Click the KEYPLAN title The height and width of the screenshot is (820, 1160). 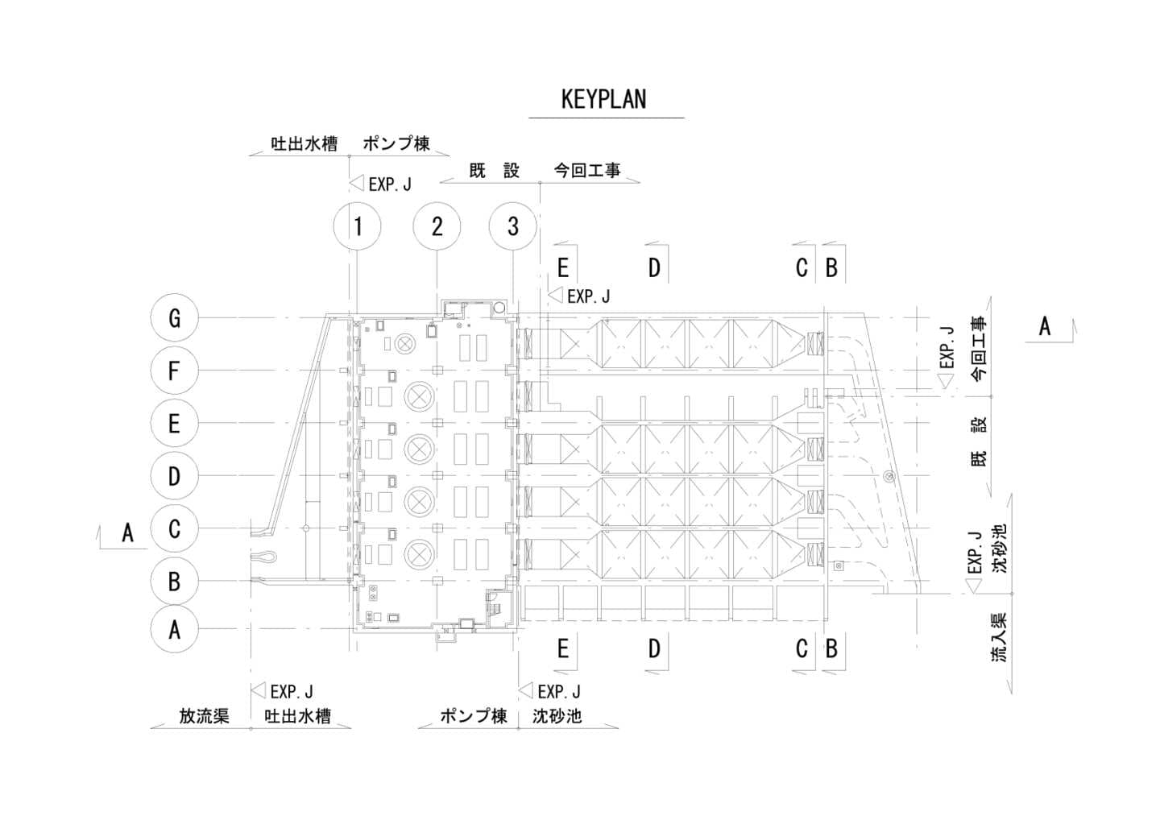tap(603, 99)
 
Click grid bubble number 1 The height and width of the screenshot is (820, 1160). tap(358, 226)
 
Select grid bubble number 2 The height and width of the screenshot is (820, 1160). tap(437, 226)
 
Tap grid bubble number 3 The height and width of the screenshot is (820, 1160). tap(513, 226)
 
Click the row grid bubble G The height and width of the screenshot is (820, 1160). tap(174, 318)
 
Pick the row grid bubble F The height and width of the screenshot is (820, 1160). tap(174, 371)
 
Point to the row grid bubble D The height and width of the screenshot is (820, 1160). tap(174, 476)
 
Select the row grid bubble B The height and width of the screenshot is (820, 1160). tap(174, 581)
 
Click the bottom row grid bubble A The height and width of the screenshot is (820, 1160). tap(174, 629)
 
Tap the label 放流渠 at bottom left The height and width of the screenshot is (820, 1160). tap(204, 716)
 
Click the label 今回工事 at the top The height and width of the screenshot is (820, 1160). tap(587, 171)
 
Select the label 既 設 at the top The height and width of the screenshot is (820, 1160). tap(495, 171)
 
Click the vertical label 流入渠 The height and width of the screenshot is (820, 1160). tap(999, 638)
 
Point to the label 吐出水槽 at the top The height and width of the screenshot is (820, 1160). tap(304, 144)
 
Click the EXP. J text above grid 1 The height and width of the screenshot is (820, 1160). tap(390, 184)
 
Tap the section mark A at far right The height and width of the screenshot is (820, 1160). tap(1044, 326)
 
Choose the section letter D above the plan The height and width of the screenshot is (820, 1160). tap(654, 268)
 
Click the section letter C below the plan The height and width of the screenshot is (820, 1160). tap(801, 648)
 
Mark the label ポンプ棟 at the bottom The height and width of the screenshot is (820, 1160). tap(473, 716)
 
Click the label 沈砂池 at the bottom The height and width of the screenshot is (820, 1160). tap(557, 716)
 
